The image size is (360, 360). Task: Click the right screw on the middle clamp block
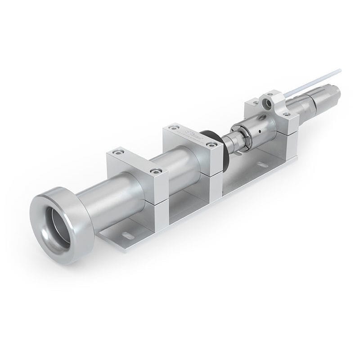coord(211,144)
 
